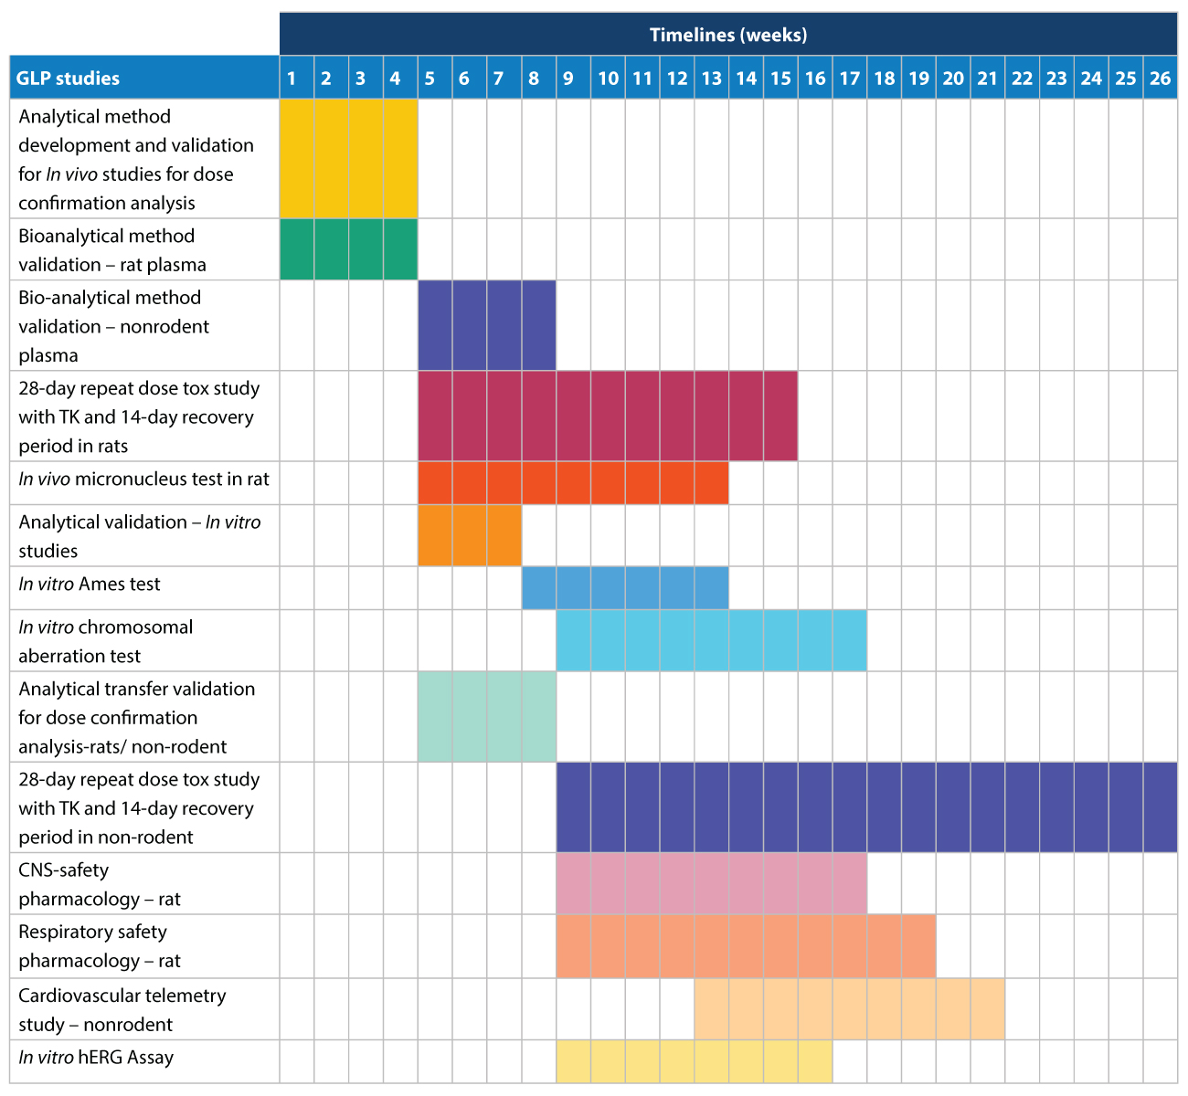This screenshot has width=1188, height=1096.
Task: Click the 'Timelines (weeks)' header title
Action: coord(728,35)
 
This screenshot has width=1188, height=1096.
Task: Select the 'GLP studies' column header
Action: coord(69,78)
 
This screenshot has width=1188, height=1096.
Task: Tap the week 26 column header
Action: coord(1160,78)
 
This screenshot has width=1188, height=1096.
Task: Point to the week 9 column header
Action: coord(568,78)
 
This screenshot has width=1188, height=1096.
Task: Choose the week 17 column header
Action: coord(850,78)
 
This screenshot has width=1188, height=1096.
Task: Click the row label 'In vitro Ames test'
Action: coord(90,585)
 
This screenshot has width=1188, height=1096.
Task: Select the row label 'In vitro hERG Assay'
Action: coord(96,1058)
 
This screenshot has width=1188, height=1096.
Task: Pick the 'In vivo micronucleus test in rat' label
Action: coord(144,479)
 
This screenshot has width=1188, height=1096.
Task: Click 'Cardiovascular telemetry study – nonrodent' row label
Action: coord(122,1009)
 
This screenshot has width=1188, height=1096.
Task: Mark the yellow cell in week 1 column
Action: coord(296,158)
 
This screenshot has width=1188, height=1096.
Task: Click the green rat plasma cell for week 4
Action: coord(400,248)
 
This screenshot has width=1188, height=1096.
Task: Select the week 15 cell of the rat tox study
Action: coord(780,416)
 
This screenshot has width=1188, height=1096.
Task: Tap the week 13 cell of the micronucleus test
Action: coord(711,482)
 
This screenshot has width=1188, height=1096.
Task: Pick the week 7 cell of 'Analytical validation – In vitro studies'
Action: coord(504,535)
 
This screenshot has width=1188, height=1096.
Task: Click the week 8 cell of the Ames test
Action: coord(539,587)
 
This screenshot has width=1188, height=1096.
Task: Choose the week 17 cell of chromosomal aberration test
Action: coord(850,640)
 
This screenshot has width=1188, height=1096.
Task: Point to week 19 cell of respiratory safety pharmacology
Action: coord(918,946)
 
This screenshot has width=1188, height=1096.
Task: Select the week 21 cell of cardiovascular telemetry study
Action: coord(988,1008)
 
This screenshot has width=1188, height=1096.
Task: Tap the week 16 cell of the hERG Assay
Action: coord(815,1061)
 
